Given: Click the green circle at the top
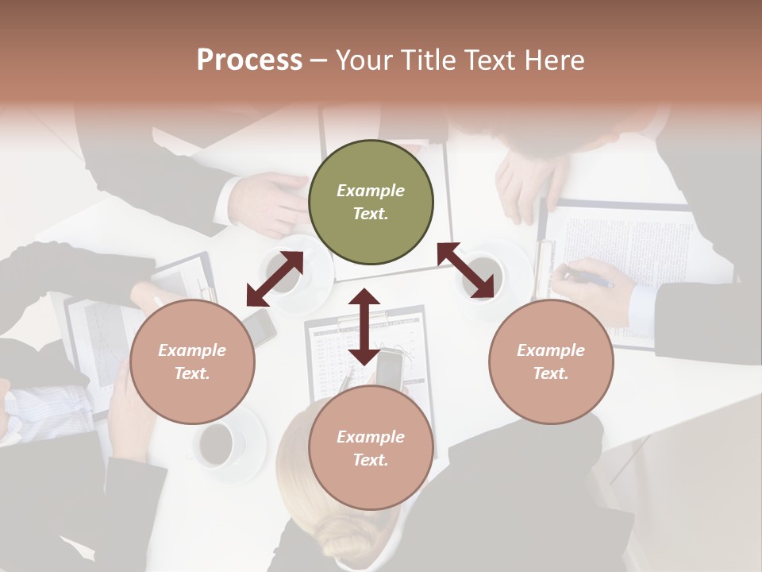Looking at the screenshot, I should pos(371,203).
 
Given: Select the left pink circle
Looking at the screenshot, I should pos(192,361).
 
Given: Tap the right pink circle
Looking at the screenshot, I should pos(551,361).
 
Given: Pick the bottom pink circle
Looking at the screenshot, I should pos(371,448).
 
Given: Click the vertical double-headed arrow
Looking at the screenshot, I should pos(364,327).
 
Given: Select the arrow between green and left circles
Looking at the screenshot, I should pos(275,279).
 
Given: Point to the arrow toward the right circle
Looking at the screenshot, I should pos(466,271).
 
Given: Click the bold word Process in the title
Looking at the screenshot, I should pos(249,60).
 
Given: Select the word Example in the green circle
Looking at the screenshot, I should pos(371,191).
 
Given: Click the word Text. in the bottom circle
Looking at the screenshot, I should pos(371,460).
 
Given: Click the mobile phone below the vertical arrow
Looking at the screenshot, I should pos(389,369).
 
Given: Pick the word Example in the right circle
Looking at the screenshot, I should pos(551,350).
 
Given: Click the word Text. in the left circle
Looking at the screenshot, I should pos(192,373).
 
